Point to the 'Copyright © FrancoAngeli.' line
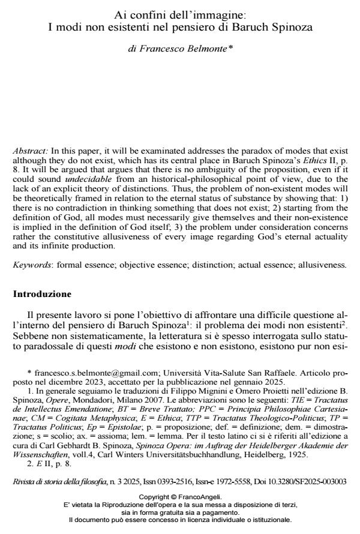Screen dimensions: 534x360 180,497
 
